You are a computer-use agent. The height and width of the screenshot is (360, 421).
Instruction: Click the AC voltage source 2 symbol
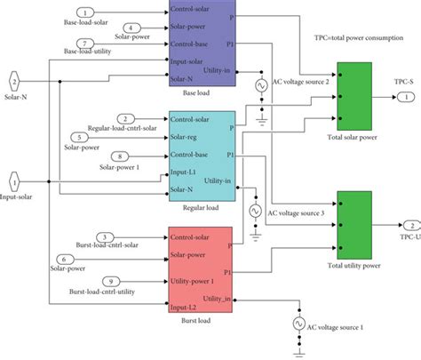(x=262, y=86)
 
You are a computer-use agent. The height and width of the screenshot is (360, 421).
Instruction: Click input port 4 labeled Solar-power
(x=129, y=28)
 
